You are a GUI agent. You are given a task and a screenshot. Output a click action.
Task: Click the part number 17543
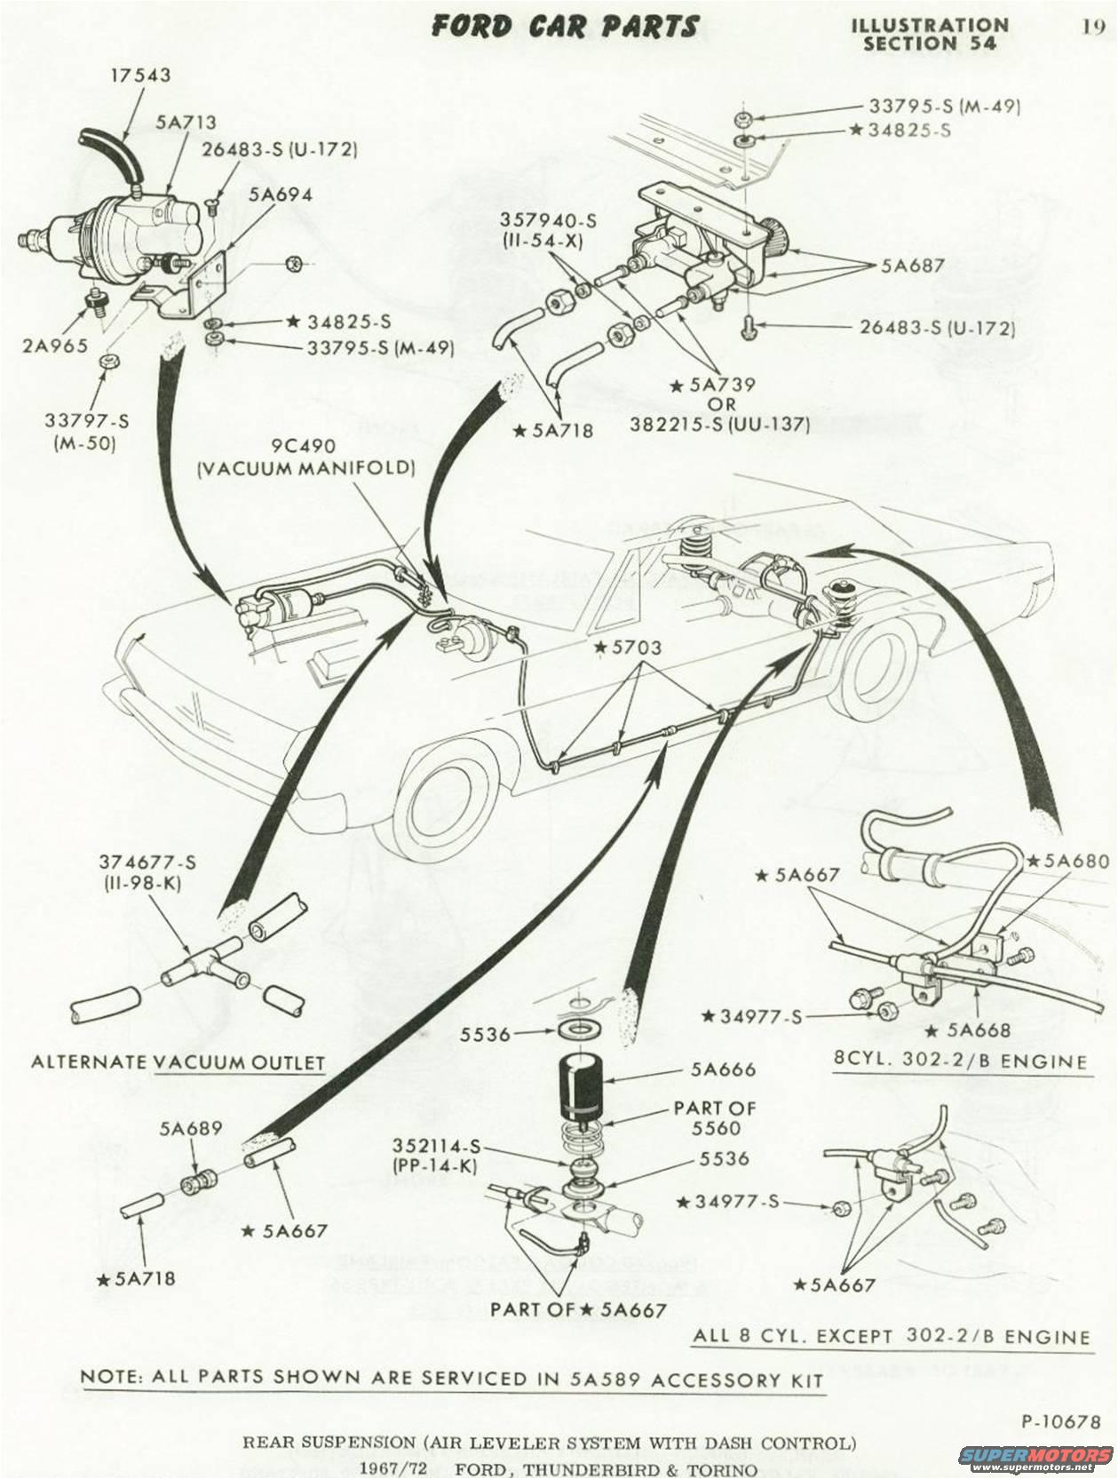tap(140, 76)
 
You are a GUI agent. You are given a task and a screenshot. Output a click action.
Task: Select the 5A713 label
tap(186, 123)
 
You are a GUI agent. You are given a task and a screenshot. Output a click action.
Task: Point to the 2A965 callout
tap(55, 346)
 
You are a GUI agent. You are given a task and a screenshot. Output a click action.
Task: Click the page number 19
tap(1092, 26)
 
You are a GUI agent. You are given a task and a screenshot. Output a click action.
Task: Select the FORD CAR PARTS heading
tap(565, 27)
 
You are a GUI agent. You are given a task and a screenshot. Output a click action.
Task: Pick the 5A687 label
tap(913, 265)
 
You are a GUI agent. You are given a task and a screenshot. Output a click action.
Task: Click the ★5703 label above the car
tap(629, 648)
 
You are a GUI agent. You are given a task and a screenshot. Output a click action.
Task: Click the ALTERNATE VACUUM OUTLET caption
tap(178, 1062)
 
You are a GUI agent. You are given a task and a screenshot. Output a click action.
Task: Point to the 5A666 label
tap(723, 1069)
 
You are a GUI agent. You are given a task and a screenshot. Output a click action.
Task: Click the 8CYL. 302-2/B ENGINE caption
tap(961, 1062)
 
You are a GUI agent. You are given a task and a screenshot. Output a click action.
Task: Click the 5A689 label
tap(191, 1129)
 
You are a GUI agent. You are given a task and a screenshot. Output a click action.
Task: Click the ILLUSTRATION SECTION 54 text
tap(929, 34)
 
